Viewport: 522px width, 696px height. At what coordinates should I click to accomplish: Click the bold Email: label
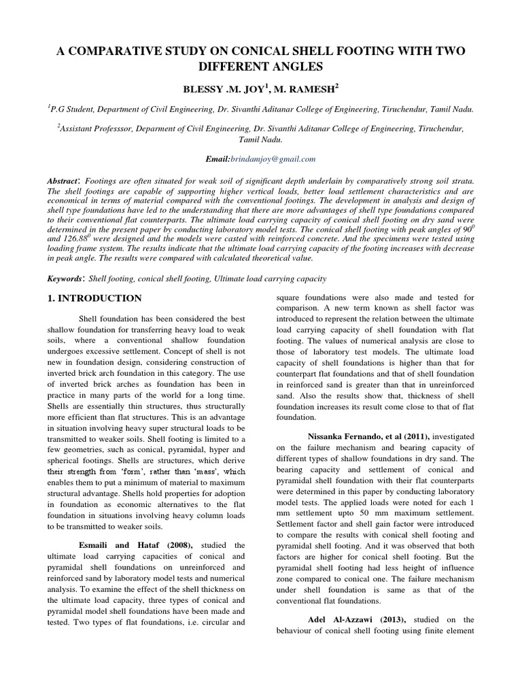[219, 158]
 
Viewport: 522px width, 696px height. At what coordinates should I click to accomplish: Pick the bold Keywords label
[65, 279]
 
